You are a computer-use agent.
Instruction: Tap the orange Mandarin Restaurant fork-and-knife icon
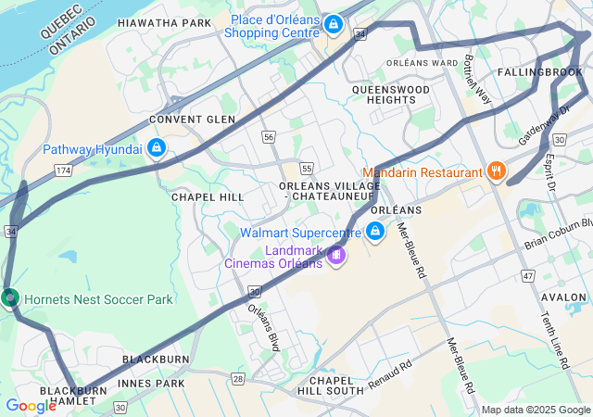coord(497,171)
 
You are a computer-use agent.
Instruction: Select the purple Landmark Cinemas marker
coord(336,255)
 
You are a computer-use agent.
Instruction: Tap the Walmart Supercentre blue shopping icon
coord(376,231)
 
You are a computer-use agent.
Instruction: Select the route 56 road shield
coord(269,136)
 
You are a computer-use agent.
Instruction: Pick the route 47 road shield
coord(528,275)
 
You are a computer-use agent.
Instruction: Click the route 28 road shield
coord(238,379)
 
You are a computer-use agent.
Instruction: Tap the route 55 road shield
coord(306,168)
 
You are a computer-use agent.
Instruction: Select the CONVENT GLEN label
coord(186,120)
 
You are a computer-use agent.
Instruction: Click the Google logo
coord(31,405)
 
